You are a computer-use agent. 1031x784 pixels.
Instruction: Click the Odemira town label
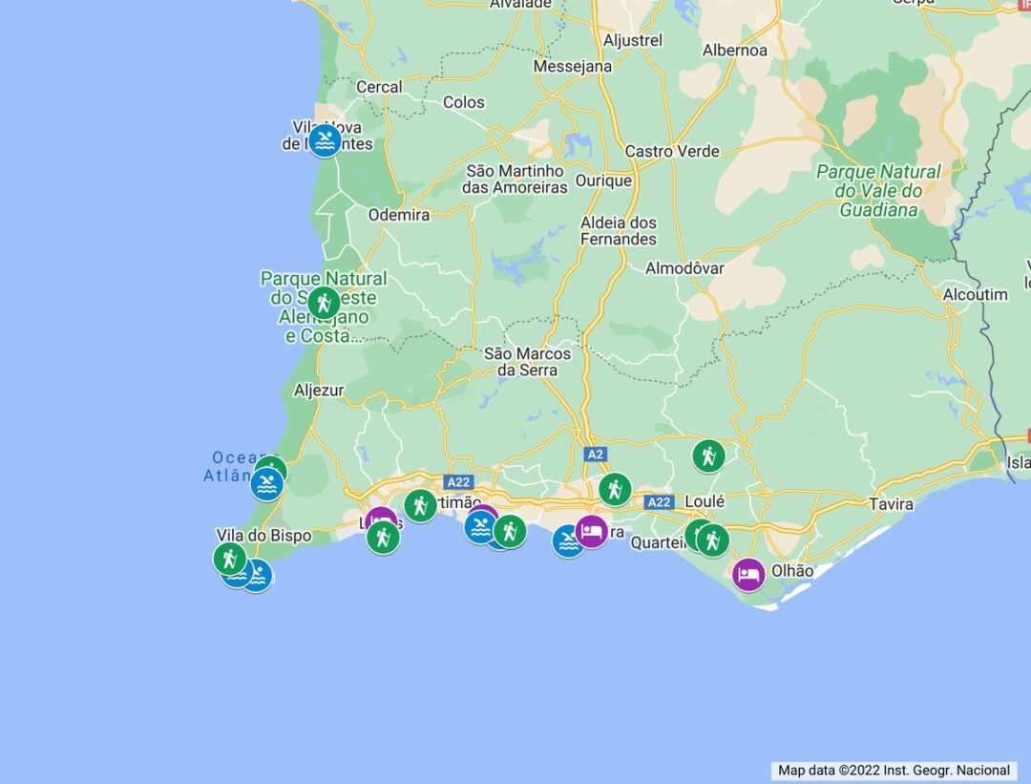point(399,215)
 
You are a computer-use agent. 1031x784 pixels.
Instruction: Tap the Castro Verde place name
point(672,151)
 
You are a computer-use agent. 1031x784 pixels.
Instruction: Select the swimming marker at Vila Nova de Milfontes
point(326,141)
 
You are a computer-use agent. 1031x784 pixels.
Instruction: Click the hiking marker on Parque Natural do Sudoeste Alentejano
point(324,304)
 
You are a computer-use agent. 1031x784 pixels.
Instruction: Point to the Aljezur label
point(319,390)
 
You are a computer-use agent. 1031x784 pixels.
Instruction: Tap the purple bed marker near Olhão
point(749,574)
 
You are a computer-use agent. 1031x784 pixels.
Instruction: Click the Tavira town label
point(891,503)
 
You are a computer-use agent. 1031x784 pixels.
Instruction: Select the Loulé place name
point(705,501)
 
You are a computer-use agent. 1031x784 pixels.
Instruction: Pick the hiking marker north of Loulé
point(708,456)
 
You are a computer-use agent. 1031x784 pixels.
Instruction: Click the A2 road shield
point(596,454)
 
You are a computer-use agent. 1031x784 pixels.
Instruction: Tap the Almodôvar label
point(684,268)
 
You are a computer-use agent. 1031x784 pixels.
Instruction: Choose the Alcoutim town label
point(975,294)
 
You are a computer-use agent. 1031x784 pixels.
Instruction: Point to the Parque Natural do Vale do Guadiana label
point(878,190)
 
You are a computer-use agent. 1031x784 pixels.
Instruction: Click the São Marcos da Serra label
point(527,361)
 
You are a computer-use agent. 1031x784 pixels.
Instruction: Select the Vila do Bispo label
point(263,535)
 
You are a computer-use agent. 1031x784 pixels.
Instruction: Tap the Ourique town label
point(603,180)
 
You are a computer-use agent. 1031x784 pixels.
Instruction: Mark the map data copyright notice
point(894,770)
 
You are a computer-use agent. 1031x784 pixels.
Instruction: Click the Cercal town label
point(379,87)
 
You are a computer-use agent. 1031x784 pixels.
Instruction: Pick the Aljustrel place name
point(633,41)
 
